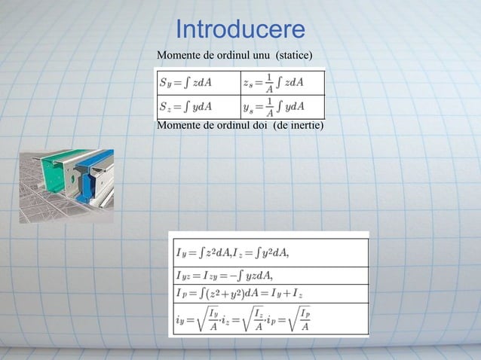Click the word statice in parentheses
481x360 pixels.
(x=293, y=56)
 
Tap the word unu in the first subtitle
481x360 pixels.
(x=259, y=56)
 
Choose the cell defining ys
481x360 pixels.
(x=283, y=106)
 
